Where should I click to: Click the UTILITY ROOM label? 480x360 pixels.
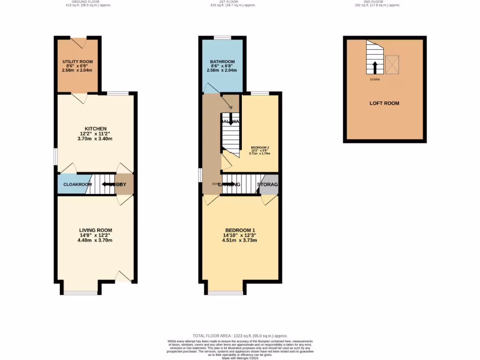(x=77, y=61)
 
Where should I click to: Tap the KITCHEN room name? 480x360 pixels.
(x=96, y=128)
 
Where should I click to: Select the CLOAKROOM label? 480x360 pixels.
(x=77, y=184)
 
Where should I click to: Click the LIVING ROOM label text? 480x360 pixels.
(x=96, y=230)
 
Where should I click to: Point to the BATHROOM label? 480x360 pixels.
(x=222, y=61)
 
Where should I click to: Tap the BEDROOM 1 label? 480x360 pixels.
(x=240, y=230)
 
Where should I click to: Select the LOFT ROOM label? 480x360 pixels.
(x=384, y=103)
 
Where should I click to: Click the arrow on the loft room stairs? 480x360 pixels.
(x=374, y=67)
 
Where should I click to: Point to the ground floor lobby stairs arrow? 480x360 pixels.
(x=109, y=184)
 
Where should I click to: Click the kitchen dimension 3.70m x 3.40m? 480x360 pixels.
(x=96, y=139)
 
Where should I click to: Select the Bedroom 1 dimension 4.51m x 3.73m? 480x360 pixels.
(x=240, y=240)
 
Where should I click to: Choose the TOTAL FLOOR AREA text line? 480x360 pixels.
(x=240, y=336)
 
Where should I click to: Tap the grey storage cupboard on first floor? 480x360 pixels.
(x=269, y=184)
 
